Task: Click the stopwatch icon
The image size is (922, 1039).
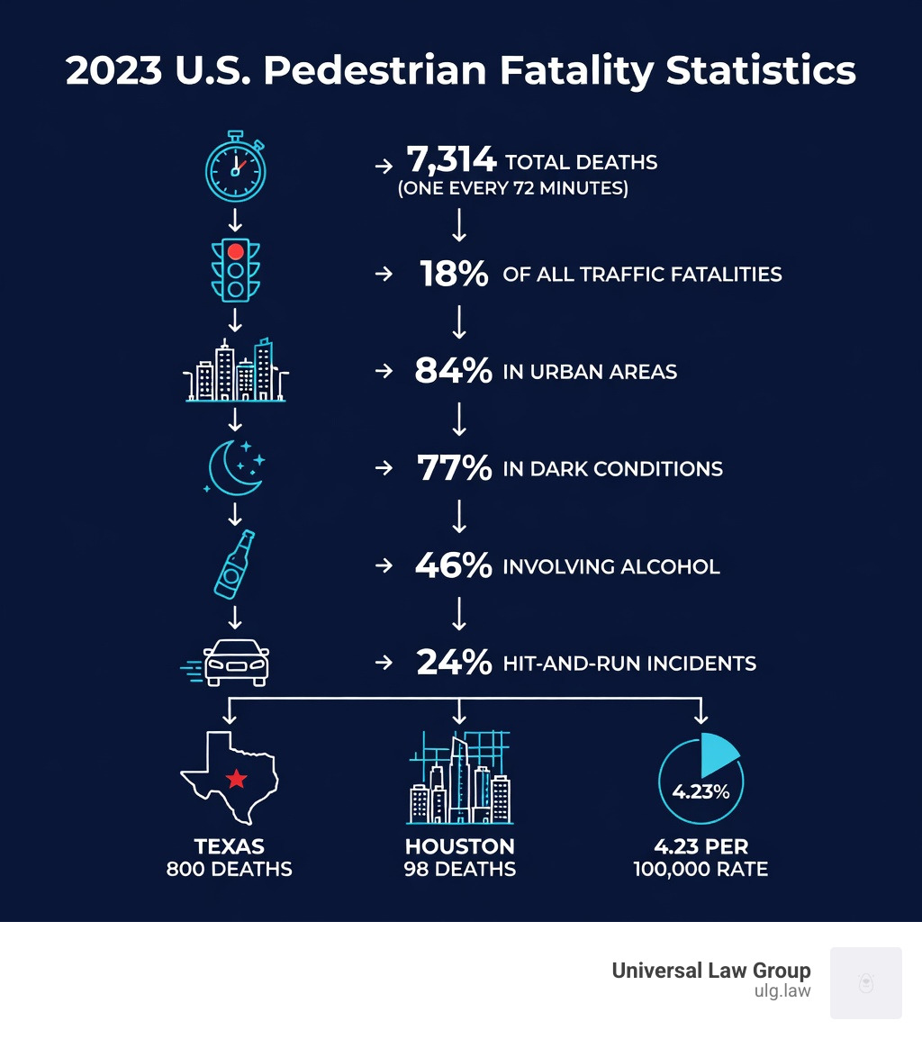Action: click(236, 167)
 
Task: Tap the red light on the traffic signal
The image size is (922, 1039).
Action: click(236, 251)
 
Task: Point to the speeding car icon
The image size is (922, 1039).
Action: click(236, 663)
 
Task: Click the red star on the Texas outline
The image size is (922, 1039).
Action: click(236, 778)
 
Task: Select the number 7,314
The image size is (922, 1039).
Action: click(451, 161)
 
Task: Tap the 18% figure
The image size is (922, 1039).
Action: click(454, 275)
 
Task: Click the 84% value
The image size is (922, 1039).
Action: click(453, 371)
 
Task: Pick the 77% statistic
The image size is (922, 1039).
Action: click(454, 468)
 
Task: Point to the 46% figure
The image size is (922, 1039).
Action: click(453, 566)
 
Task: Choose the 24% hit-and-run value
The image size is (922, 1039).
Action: click(454, 664)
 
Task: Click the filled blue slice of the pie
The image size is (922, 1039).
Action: click(718, 754)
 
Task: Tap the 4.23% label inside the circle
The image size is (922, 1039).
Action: click(701, 791)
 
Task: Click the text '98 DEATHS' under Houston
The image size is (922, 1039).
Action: click(459, 870)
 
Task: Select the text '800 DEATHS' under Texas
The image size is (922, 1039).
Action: click(230, 870)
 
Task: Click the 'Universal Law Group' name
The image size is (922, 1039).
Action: click(711, 971)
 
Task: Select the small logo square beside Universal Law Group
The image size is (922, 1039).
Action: click(865, 982)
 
